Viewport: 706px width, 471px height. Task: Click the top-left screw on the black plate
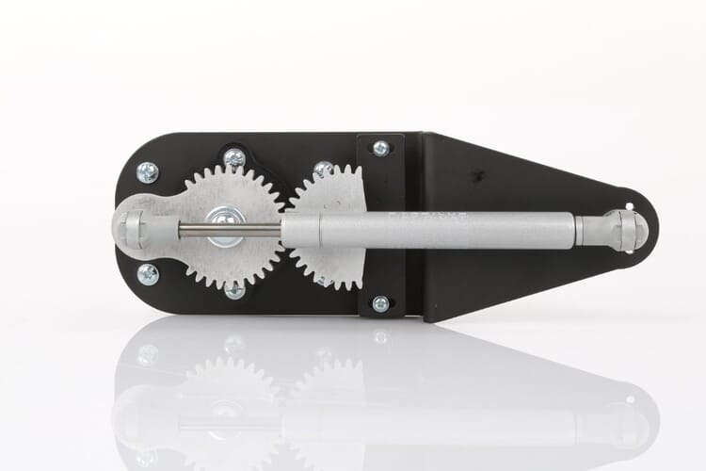click(x=148, y=172)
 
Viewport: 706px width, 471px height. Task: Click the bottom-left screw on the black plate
click(x=148, y=274)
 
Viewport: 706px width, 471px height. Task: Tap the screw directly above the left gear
click(x=234, y=158)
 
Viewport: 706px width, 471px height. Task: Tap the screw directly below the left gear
click(x=234, y=289)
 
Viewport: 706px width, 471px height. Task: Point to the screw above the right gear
click(x=323, y=170)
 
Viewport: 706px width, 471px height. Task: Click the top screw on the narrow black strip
click(x=380, y=148)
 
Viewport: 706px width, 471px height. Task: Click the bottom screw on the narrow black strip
click(x=380, y=303)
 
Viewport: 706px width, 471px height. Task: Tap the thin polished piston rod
click(x=235, y=228)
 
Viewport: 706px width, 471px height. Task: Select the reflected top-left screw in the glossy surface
click(x=148, y=355)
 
